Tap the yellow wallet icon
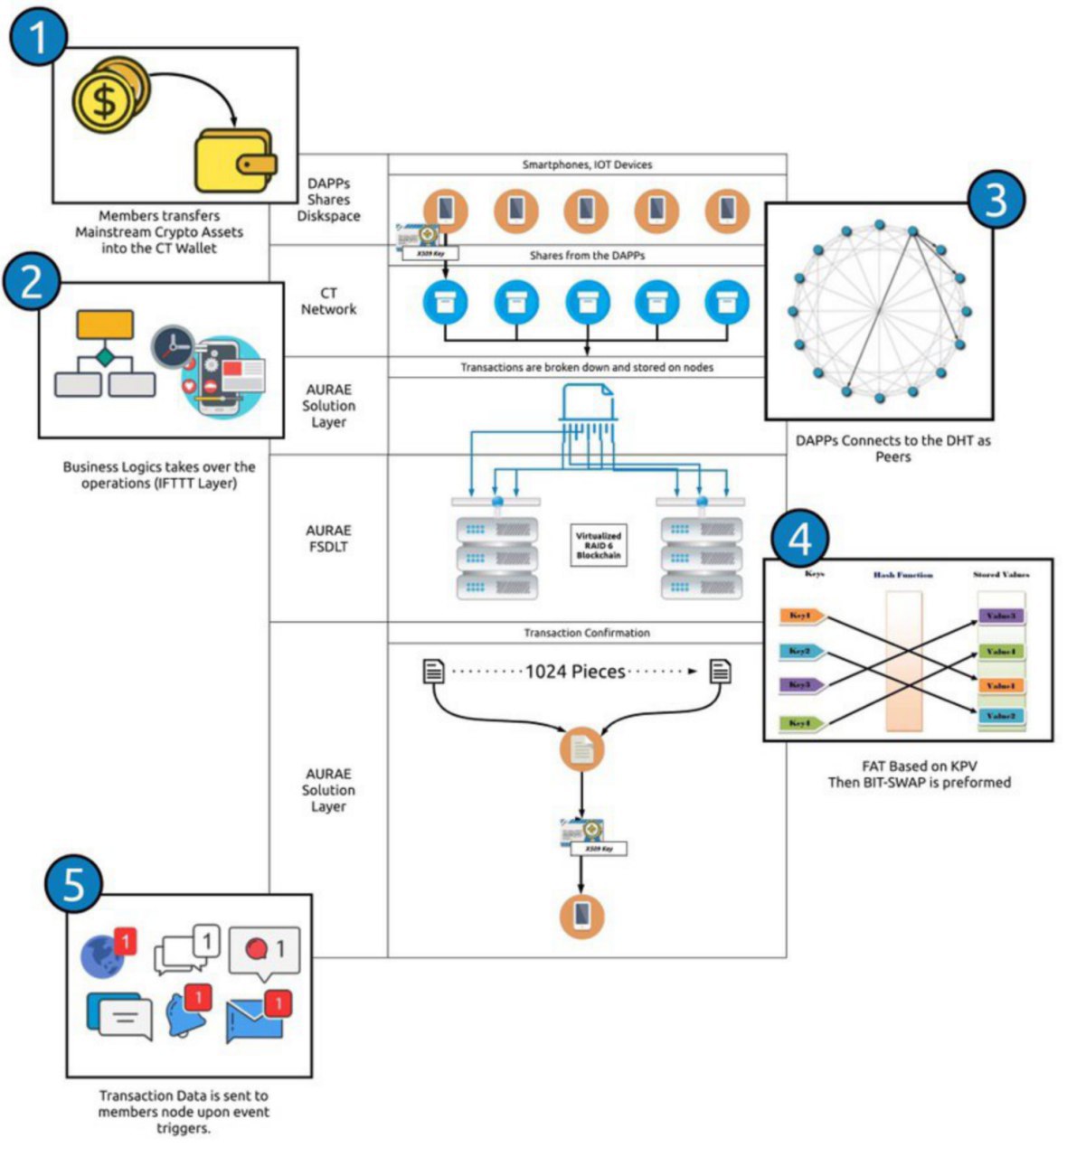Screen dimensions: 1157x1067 pyautogui.click(x=232, y=160)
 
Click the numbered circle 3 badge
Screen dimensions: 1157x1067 pyautogui.click(x=996, y=202)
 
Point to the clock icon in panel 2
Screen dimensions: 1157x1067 pyautogui.click(x=174, y=346)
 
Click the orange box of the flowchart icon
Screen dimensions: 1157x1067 pyautogui.click(x=105, y=325)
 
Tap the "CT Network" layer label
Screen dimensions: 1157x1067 pyautogui.click(x=328, y=301)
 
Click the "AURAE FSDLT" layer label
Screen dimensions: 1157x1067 pyautogui.click(x=328, y=539)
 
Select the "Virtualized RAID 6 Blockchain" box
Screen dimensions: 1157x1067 pyautogui.click(x=599, y=545)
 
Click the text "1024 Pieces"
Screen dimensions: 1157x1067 pyautogui.click(x=576, y=672)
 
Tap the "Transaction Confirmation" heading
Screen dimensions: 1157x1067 pyautogui.click(x=587, y=633)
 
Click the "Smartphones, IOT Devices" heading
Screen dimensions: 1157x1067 pyautogui.click(x=587, y=165)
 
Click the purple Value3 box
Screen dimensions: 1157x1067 pyautogui.click(x=1001, y=616)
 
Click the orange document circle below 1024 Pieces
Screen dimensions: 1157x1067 pyautogui.click(x=581, y=749)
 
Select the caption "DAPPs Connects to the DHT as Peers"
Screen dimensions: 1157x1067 pyautogui.click(x=892, y=448)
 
